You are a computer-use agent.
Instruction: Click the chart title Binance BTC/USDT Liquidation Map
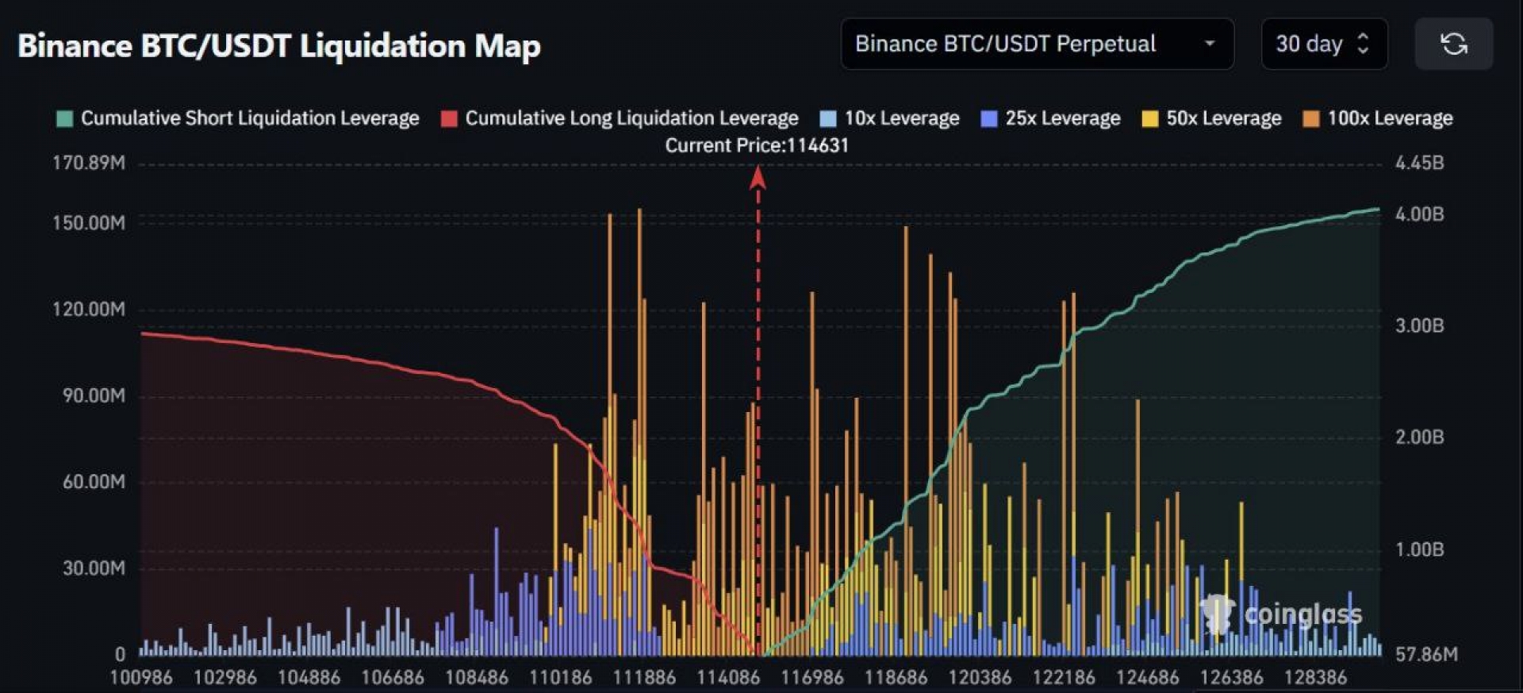click(x=279, y=46)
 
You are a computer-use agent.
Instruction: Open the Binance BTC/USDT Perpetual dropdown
click(x=1036, y=44)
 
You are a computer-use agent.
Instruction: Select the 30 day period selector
click(x=1323, y=44)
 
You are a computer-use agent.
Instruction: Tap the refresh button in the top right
click(x=1453, y=44)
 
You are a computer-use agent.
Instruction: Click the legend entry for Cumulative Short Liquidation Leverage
click(x=238, y=118)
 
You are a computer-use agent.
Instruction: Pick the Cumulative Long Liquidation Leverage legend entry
click(x=620, y=118)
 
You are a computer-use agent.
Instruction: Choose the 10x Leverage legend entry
click(x=890, y=118)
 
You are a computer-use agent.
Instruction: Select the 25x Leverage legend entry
click(x=1051, y=118)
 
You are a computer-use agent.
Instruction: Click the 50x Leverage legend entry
click(x=1212, y=118)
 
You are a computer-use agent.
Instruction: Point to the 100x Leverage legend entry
click(x=1379, y=118)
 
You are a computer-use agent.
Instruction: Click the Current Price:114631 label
click(x=757, y=145)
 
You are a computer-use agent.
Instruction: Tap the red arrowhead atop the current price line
click(x=758, y=178)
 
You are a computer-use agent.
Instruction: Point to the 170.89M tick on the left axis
click(x=89, y=164)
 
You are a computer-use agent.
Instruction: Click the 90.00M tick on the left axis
click(x=94, y=395)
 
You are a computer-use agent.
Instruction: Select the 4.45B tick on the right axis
click(x=1419, y=164)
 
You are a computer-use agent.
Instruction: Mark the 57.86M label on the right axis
click(x=1425, y=655)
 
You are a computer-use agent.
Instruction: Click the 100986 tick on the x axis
click(x=141, y=678)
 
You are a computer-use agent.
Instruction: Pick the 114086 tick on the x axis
click(x=728, y=678)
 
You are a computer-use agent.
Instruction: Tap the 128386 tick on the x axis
click(x=1315, y=678)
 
